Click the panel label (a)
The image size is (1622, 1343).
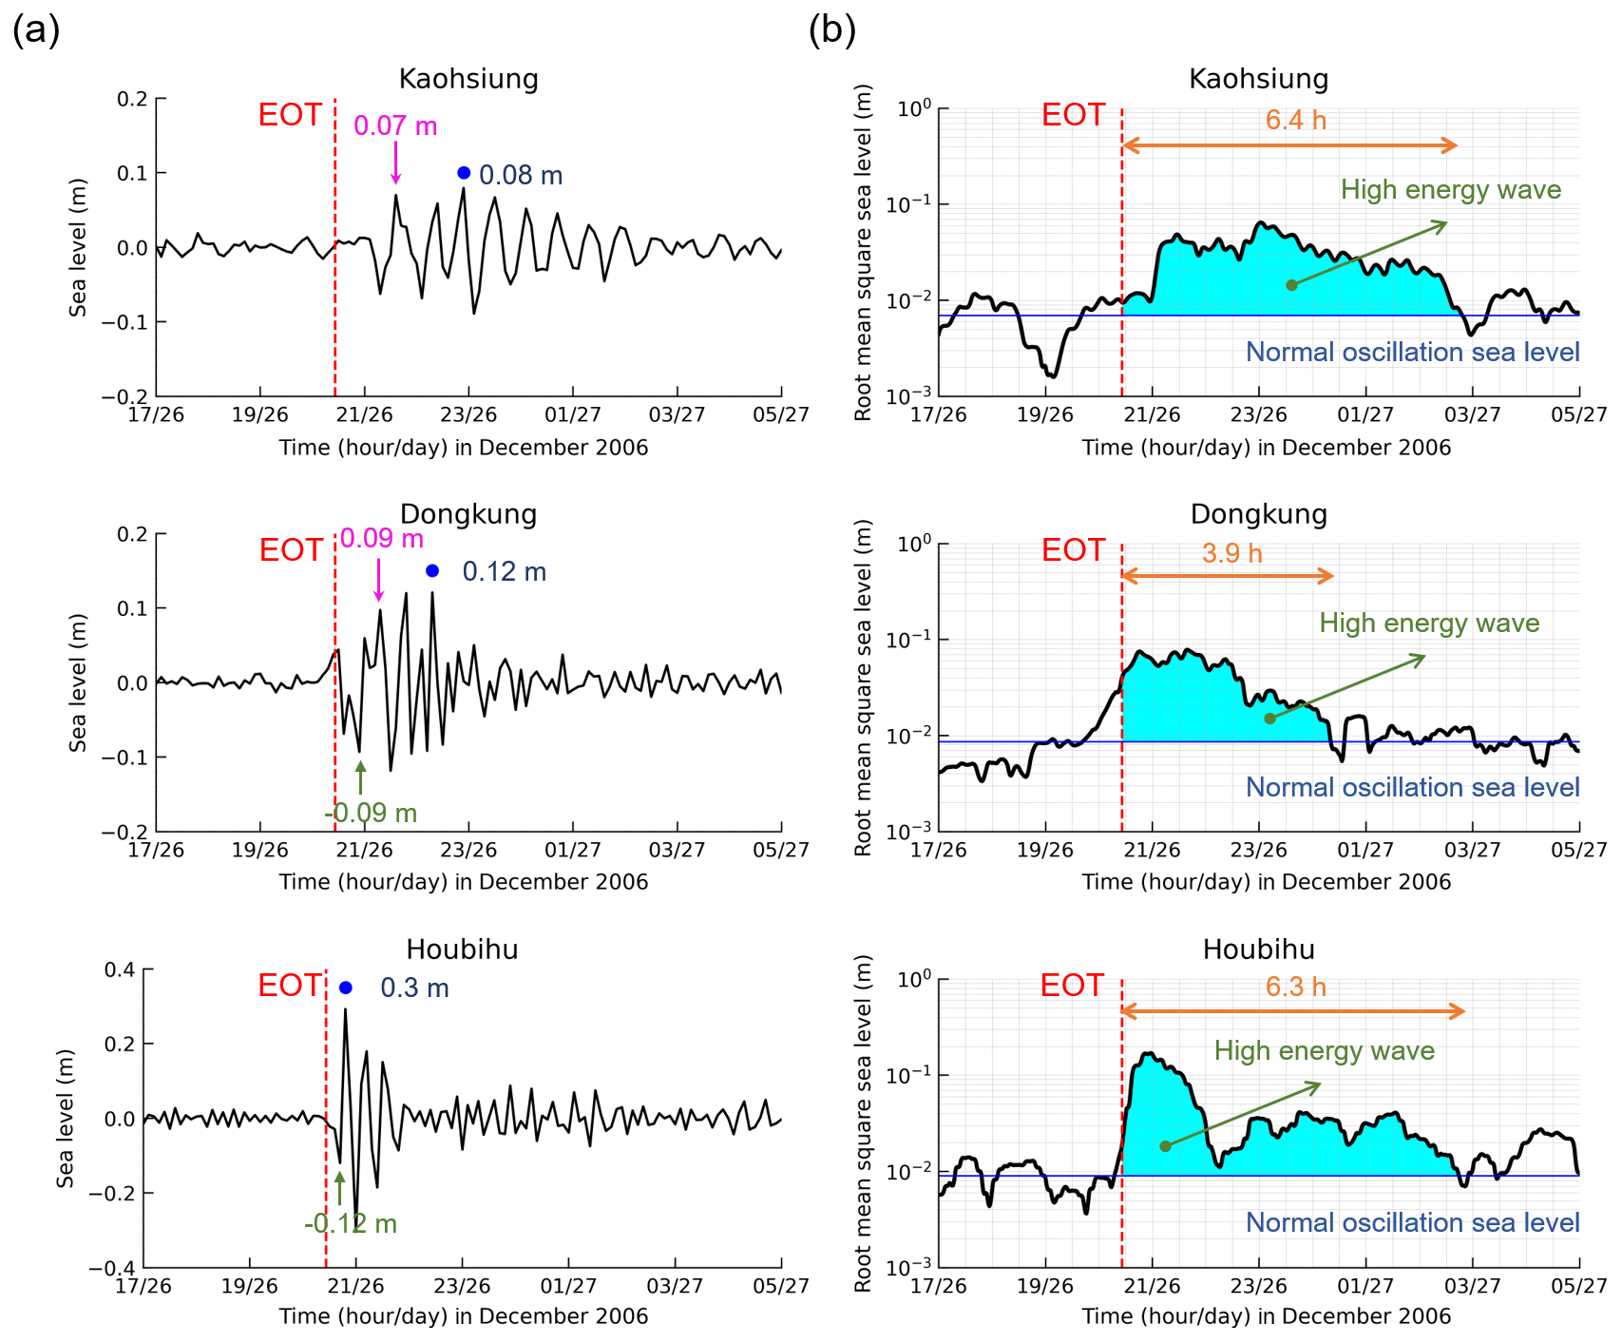tap(36, 30)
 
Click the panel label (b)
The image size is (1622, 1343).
tap(831, 30)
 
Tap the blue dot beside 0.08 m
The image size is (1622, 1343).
tap(464, 173)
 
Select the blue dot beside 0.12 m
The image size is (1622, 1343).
tap(432, 571)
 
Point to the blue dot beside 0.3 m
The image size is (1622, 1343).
tap(346, 988)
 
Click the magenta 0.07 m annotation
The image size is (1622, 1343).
tap(395, 125)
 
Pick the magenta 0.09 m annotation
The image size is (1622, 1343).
tap(382, 539)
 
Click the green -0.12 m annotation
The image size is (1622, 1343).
tap(351, 1223)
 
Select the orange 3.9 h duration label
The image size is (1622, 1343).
tap(1231, 553)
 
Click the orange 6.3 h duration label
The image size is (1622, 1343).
tap(1295, 987)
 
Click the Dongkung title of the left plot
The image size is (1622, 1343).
tap(468, 514)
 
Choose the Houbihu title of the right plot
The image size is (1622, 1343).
tap(1259, 950)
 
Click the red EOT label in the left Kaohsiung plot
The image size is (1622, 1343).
tap(291, 115)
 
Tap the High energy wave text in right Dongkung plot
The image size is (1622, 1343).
tap(1429, 624)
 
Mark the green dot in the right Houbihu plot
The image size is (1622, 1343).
tap(1165, 1146)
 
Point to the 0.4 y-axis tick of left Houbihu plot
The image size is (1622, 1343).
tap(120, 969)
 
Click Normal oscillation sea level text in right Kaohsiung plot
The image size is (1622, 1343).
tap(1412, 352)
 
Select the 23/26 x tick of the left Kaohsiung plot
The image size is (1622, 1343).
tap(468, 414)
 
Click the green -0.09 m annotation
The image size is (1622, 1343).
tap(371, 814)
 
